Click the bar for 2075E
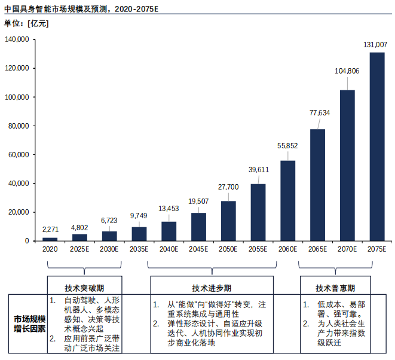coord(376,147)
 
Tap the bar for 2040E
coord(169,231)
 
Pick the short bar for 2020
coord(50,239)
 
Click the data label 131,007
coord(376,45)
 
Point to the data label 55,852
coord(287,145)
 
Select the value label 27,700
coord(228,187)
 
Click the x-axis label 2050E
coord(228,249)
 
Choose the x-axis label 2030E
coord(109,249)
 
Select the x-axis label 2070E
coord(347,249)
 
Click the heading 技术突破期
coord(84,286)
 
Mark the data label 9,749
coord(139,215)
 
